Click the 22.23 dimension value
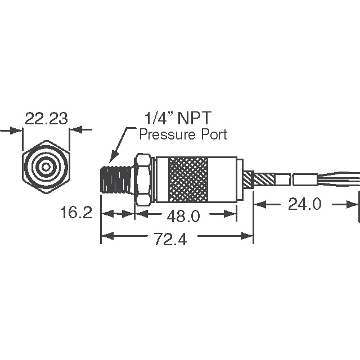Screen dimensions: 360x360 coord(46,118)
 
